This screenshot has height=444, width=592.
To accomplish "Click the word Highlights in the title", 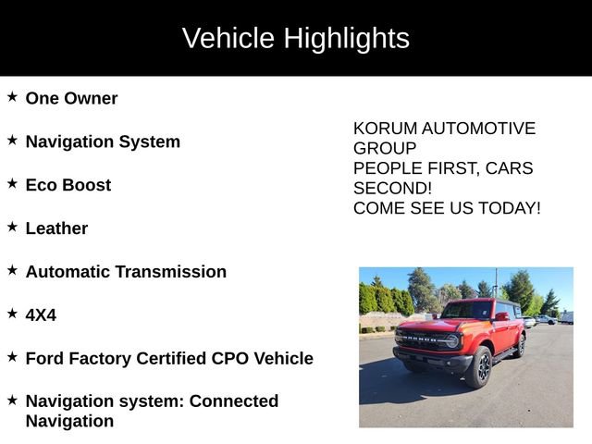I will [x=346, y=39].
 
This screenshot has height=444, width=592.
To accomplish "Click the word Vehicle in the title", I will [x=228, y=39].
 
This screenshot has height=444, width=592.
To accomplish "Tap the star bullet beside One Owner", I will [x=12, y=96].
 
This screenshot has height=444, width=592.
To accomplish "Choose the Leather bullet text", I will [x=56, y=228].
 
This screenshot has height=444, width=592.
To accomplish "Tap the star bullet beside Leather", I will [x=12, y=226].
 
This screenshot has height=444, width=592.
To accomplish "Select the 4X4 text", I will [x=41, y=315].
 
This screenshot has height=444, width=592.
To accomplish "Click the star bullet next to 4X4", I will [x=12, y=313].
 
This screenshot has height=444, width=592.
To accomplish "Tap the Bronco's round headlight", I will [x=451, y=339].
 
